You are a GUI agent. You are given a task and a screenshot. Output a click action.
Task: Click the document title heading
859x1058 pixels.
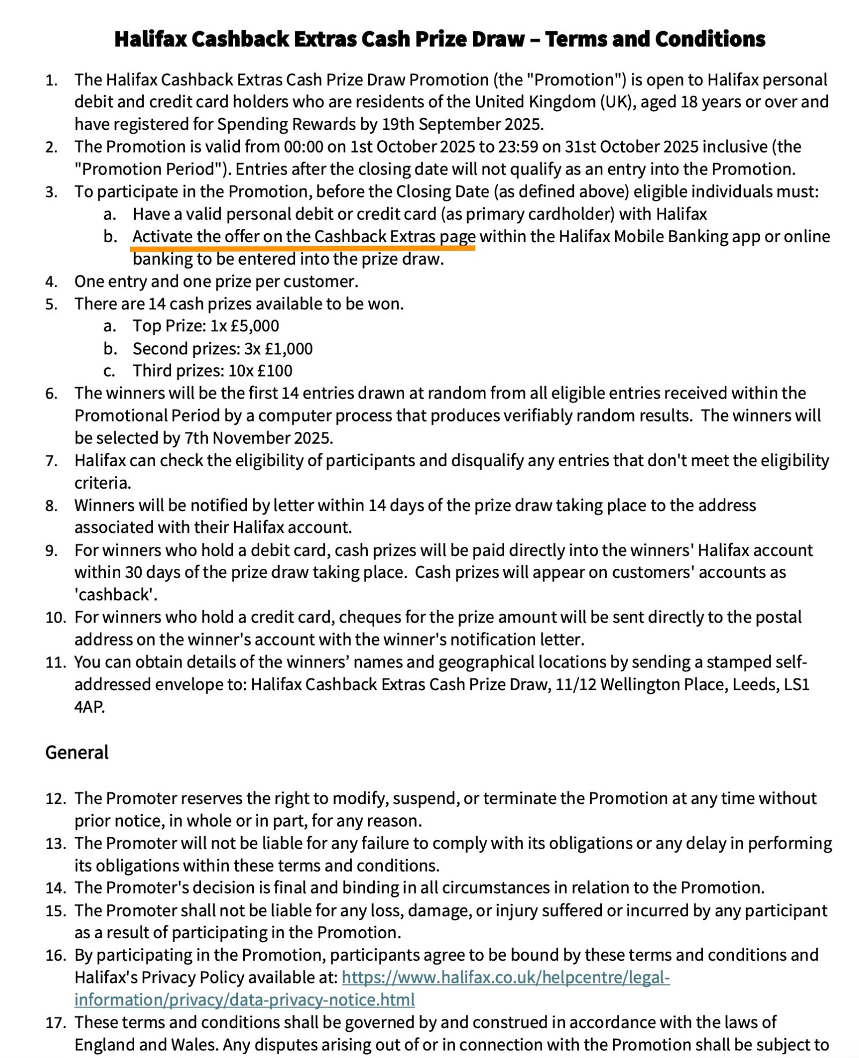tap(440, 39)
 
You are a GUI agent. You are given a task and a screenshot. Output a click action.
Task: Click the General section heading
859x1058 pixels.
tap(77, 752)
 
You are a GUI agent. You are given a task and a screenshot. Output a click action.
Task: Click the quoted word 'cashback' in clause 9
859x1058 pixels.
tap(115, 595)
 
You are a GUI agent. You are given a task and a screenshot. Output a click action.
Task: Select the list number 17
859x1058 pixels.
tap(55, 1023)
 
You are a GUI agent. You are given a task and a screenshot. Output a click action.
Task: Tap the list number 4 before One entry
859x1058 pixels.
tap(51, 281)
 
